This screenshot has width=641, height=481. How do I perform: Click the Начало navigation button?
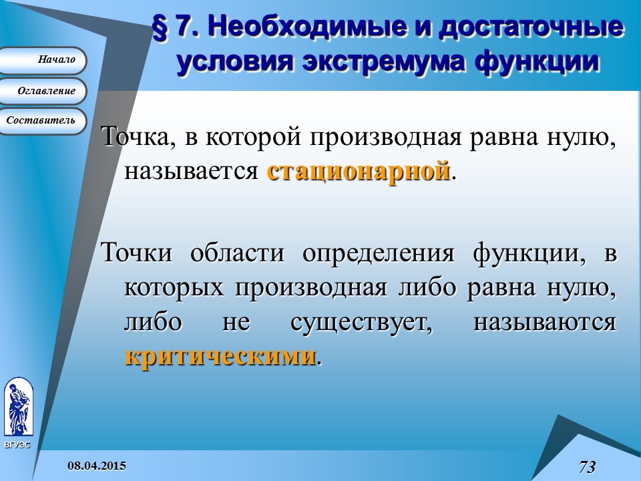[43, 60]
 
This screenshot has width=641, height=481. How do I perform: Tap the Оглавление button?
[43, 91]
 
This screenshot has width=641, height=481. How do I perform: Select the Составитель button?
[43, 121]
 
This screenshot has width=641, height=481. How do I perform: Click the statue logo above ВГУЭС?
[17, 408]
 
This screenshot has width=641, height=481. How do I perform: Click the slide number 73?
[588, 466]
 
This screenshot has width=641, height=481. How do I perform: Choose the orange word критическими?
[220, 356]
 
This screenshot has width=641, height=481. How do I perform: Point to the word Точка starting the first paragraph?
[134, 138]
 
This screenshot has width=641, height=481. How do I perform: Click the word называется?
[191, 172]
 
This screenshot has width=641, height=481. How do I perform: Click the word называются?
[544, 323]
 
